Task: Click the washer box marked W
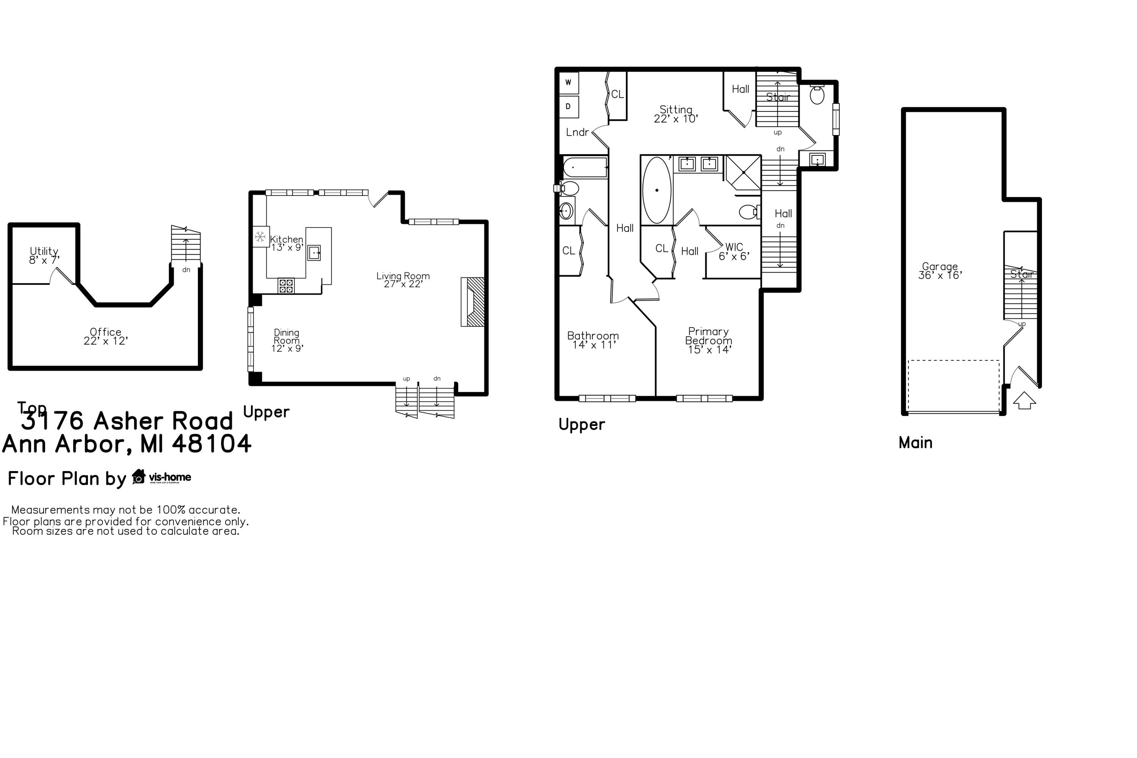(x=568, y=82)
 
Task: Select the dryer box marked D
(x=568, y=106)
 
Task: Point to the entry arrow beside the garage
(x=1024, y=400)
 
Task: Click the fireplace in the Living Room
(x=473, y=302)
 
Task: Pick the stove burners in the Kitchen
(x=286, y=286)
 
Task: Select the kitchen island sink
(x=314, y=252)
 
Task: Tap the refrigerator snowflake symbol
(x=261, y=237)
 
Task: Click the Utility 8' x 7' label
(x=44, y=255)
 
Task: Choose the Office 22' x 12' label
(x=105, y=337)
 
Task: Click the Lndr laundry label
(x=577, y=132)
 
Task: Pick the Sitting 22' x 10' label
(x=676, y=114)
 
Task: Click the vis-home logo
(x=161, y=477)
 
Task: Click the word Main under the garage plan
(x=915, y=442)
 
